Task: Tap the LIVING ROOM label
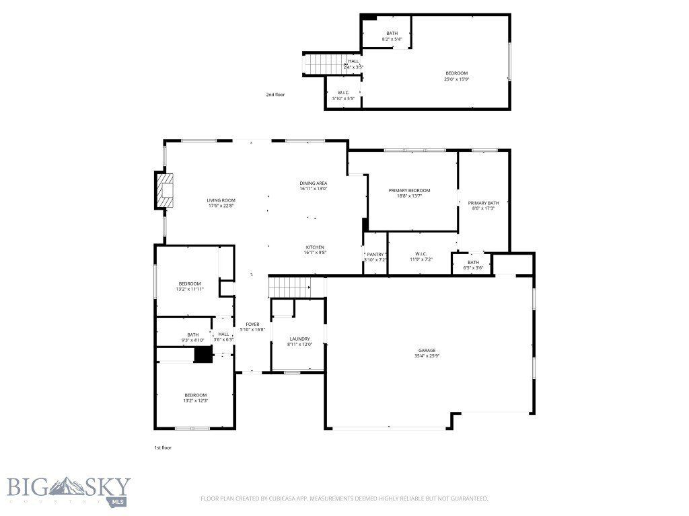pyautogui.click(x=221, y=200)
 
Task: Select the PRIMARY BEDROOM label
pyautogui.click(x=409, y=190)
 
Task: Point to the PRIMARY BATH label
pyautogui.click(x=483, y=203)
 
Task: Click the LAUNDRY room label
pyautogui.click(x=299, y=339)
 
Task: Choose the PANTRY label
pyautogui.click(x=375, y=254)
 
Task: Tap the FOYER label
pyautogui.click(x=252, y=324)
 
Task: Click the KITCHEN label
pyautogui.click(x=316, y=247)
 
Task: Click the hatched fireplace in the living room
pyautogui.click(x=166, y=194)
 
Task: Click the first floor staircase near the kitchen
pyautogui.click(x=289, y=287)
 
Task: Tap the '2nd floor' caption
pyautogui.click(x=275, y=95)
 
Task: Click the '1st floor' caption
pyautogui.click(x=162, y=447)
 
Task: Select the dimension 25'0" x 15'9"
pyautogui.click(x=456, y=79)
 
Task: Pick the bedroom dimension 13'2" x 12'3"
pyautogui.click(x=196, y=400)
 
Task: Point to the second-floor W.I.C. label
pyautogui.click(x=343, y=93)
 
